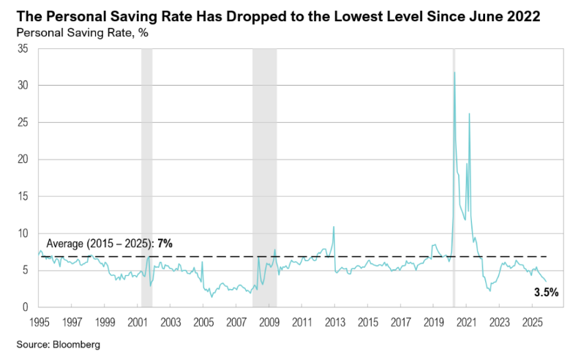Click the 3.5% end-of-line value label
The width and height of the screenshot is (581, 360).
coord(546,293)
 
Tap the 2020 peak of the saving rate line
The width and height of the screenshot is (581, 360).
coord(454,72)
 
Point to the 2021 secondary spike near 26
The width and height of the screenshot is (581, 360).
coord(469,114)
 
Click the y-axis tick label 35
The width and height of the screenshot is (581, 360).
coord(23,49)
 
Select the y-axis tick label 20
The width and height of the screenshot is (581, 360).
coord(23,160)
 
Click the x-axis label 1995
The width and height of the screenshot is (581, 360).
coord(39,322)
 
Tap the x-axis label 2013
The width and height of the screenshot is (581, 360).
coord(335,322)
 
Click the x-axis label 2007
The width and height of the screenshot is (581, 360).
coord(236,322)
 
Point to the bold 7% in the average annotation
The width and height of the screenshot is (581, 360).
coord(165,244)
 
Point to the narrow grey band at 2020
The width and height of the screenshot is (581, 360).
coord(454,183)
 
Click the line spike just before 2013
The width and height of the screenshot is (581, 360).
coord(334,228)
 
